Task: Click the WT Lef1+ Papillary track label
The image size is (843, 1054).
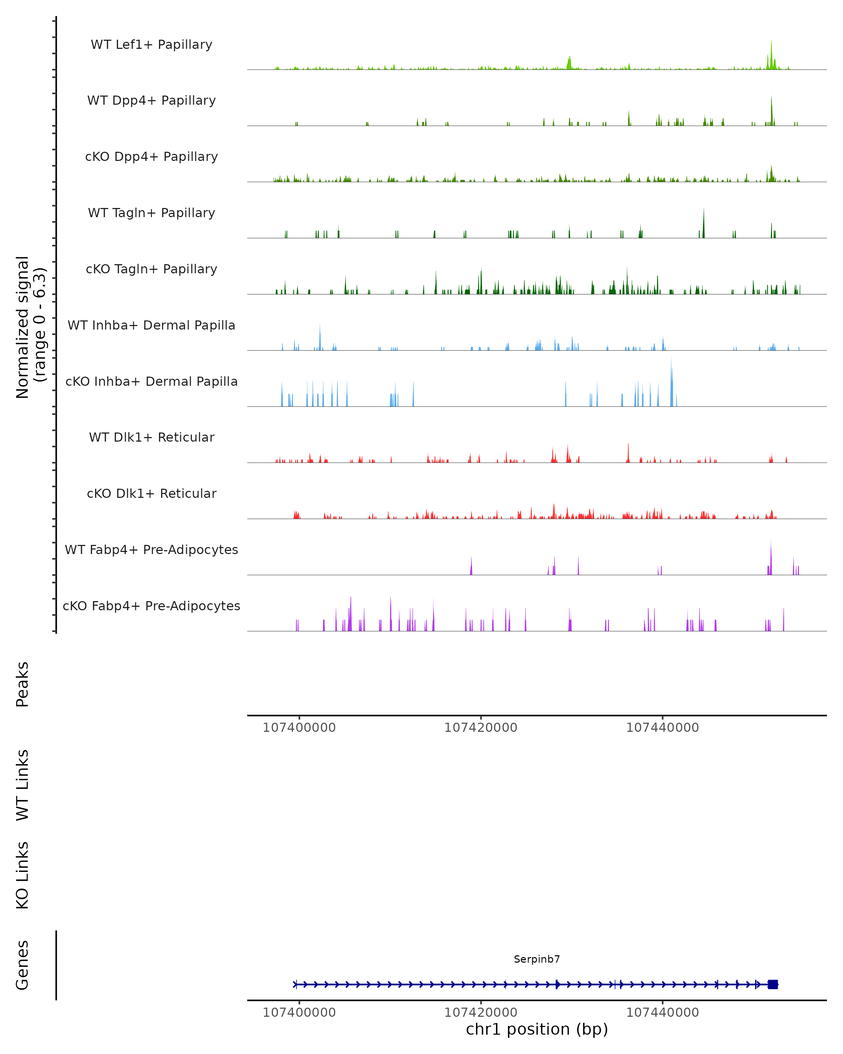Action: point(151,45)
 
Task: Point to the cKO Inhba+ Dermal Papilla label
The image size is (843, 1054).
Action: point(151,381)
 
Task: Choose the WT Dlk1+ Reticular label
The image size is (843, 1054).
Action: point(151,437)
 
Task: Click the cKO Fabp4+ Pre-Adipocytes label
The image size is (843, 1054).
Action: point(151,606)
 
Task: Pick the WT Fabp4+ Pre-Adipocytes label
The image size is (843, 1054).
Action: point(151,549)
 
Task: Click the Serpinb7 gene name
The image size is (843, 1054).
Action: point(537,959)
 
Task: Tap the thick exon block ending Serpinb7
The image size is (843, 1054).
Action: point(773,984)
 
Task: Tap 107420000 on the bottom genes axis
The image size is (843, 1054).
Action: point(481,1013)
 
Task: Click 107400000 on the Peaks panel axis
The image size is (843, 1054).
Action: point(299,728)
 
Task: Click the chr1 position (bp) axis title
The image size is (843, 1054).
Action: point(537,1029)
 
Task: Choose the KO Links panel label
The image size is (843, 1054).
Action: point(22,876)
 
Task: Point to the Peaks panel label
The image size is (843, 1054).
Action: point(22,684)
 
